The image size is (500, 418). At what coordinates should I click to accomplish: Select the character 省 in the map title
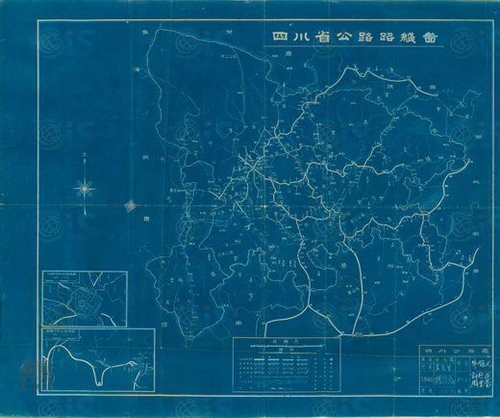[x=336, y=39]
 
